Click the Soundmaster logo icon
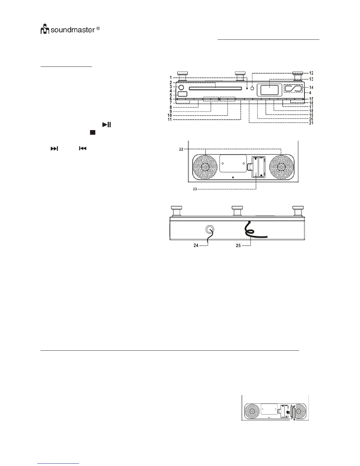coord(44,30)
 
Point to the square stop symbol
coord(93,132)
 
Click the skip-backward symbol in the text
coord(82,149)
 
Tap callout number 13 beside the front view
coord(311,79)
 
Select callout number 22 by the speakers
coord(181,149)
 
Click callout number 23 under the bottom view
coord(195,189)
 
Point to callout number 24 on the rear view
coord(196,245)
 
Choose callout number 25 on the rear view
coord(238,245)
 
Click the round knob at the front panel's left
coord(181,87)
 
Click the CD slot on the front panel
coord(215,88)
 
